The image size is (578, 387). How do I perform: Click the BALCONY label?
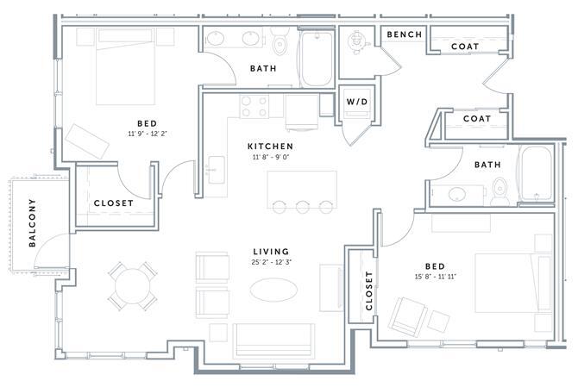[33, 222]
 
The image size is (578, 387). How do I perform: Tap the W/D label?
[357, 102]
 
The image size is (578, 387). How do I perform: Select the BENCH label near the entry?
[405, 34]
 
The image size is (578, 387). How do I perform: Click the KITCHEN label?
[271, 147]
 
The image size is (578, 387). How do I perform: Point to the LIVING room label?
[271, 252]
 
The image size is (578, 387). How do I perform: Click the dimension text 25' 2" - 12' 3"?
[272, 263]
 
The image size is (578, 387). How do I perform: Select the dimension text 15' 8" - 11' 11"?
[436, 277]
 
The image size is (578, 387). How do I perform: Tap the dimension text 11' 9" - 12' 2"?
[148, 134]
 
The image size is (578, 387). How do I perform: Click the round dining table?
[133, 286]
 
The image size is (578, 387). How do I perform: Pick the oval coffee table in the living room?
[273, 290]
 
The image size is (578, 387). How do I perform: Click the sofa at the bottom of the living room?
[273, 341]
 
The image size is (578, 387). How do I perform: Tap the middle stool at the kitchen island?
[302, 207]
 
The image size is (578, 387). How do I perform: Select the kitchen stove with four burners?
[254, 106]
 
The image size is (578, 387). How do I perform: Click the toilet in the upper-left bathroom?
[280, 42]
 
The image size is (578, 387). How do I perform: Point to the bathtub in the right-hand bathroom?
[536, 173]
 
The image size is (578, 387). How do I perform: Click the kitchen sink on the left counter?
[216, 170]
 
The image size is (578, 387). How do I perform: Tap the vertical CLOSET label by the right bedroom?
[369, 290]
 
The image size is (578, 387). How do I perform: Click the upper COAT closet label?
[465, 47]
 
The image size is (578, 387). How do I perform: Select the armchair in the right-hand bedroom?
[407, 316]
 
